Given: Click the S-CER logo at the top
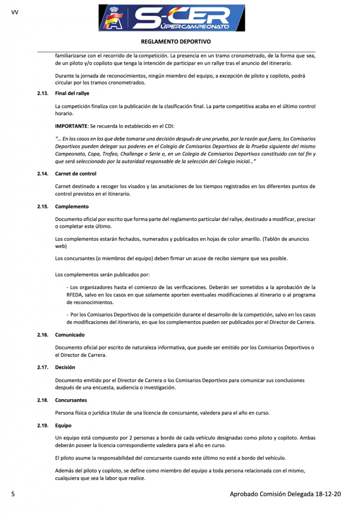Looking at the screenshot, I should tap(172, 18).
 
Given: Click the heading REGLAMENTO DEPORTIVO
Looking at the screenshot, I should tap(176, 42).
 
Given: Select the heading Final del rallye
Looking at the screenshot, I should tap(72, 93).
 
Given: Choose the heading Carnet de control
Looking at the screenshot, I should tap(76, 174).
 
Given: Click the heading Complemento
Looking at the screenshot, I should tap(72, 206).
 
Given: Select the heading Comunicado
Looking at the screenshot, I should tap(70, 335).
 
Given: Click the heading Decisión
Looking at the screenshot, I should tap(65, 368).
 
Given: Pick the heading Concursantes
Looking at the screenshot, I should tap(71, 400).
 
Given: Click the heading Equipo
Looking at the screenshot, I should tap(63, 426).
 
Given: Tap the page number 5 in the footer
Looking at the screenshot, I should tap(13, 494).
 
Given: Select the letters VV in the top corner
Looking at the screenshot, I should tap(15, 12).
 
